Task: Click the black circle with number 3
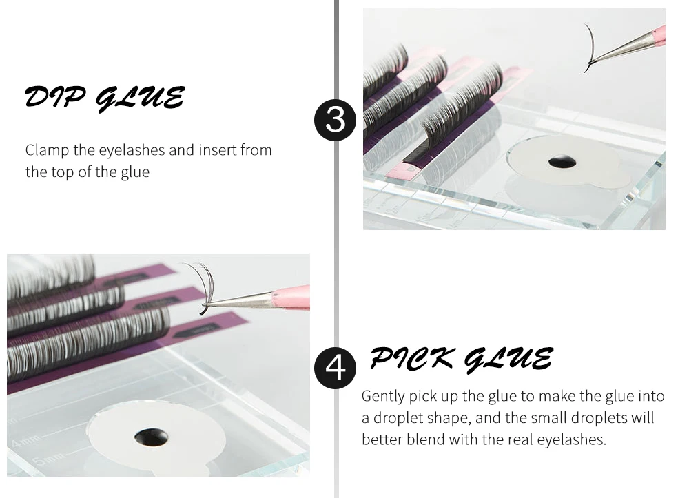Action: click(336, 120)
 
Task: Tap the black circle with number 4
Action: click(336, 368)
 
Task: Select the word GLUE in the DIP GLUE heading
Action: click(140, 98)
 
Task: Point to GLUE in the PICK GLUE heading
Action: click(508, 360)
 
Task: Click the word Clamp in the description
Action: click(47, 151)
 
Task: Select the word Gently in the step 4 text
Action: click(383, 397)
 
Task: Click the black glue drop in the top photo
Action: click(562, 161)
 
